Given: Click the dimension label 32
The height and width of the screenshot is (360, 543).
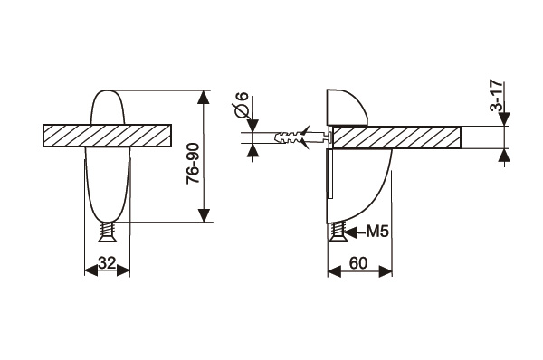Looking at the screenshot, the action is coord(107,263).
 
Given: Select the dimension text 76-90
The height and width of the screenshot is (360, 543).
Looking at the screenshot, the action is coord(194,163).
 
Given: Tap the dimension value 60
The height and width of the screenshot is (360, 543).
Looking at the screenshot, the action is coord(357,263).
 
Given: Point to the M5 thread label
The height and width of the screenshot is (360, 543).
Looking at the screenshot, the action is coord(377,232).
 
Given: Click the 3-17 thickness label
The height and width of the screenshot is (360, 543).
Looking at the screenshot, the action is coord(496,96).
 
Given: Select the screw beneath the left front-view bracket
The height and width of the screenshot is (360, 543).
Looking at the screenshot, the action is coord(108,232).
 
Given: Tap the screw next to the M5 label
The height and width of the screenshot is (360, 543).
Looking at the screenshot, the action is coord(337,232).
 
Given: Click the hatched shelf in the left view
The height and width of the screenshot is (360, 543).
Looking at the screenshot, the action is coord(107,136).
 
